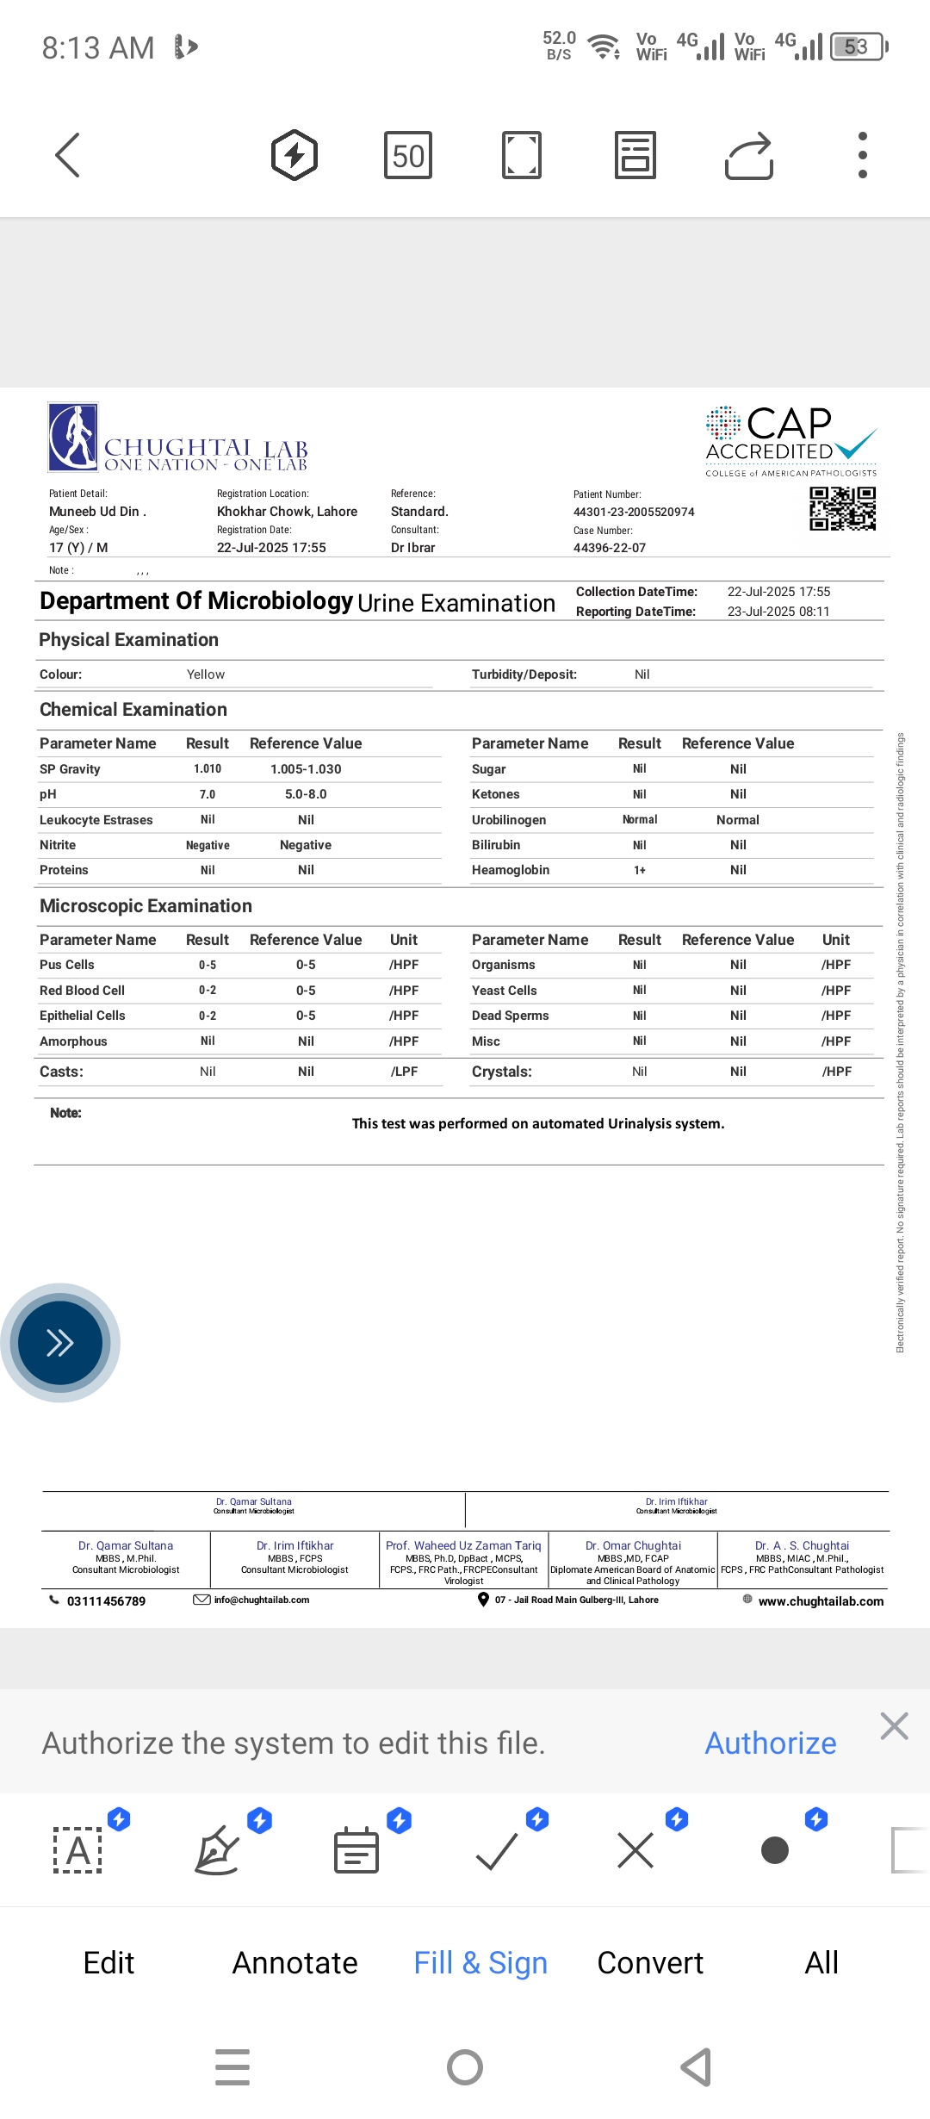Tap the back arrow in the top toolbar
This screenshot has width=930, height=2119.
(67, 155)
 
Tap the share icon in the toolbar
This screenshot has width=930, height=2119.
(749, 156)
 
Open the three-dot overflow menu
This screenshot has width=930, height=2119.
(862, 155)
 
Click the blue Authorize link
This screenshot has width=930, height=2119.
(771, 1743)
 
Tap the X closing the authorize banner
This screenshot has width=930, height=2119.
(895, 1726)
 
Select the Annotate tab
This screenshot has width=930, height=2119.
(294, 1963)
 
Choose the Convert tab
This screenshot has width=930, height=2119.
(650, 1963)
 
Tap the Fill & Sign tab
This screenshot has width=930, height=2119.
(480, 1963)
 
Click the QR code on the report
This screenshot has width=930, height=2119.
(842, 508)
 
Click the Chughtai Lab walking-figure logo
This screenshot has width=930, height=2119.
(73, 437)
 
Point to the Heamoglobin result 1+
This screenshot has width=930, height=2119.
(640, 870)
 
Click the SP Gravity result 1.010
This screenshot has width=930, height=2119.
(208, 769)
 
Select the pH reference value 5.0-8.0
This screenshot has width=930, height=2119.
(306, 794)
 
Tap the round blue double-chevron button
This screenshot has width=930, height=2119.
(60, 1343)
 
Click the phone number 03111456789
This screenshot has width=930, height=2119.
(106, 1601)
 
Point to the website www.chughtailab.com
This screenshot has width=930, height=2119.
(821, 1601)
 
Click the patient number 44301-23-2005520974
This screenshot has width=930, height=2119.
(634, 512)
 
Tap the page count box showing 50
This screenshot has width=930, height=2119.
(408, 156)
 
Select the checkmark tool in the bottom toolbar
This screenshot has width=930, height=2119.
(497, 1850)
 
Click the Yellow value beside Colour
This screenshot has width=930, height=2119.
(206, 674)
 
